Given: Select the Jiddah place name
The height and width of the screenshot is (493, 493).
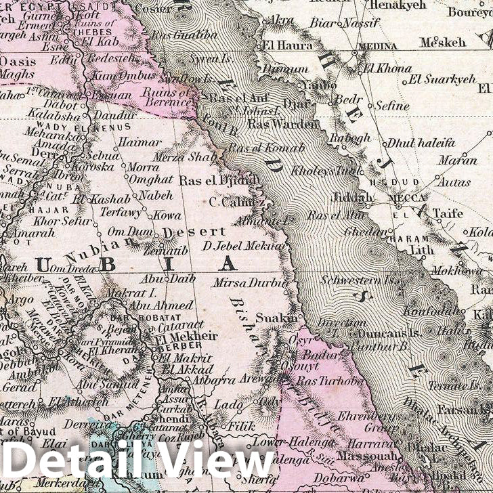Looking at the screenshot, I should tap(353, 198).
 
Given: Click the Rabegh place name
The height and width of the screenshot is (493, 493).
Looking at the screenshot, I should tap(349, 137).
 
